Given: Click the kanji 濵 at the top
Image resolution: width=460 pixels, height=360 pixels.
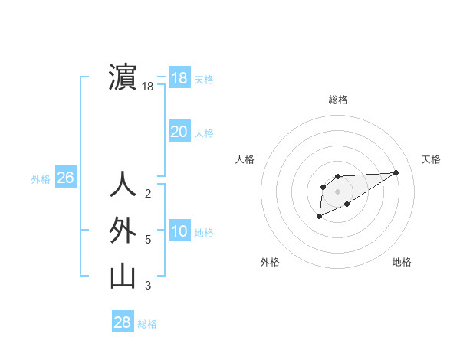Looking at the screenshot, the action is (x=123, y=77).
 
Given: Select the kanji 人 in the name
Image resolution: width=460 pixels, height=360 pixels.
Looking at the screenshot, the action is (x=123, y=185).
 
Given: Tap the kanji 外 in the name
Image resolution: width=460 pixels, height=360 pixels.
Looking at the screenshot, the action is (x=123, y=231).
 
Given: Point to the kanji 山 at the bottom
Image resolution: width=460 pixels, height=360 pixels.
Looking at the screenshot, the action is (x=123, y=277).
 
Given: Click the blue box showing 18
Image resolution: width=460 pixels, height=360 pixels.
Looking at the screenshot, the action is (x=179, y=78).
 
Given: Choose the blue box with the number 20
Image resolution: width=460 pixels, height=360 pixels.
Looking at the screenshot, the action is (x=179, y=132).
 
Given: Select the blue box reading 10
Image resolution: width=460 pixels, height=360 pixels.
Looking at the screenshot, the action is (x=179, y=231).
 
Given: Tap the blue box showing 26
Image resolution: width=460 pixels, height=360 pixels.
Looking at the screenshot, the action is (x=65, y=178).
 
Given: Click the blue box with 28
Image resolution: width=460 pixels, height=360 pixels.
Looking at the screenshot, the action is (x=123, y=322).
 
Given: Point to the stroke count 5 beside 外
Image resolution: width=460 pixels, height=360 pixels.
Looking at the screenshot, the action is (x=148, y=240).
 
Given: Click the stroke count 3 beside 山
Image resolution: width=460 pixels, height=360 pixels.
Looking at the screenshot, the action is (x=148, y=286).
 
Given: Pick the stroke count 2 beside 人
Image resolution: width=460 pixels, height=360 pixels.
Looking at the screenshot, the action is (x=148, y=194).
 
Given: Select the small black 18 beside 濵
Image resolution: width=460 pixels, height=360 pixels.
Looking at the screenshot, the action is (x=148, y=87).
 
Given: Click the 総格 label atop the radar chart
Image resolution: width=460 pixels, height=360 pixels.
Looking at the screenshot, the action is (x=338, y=100).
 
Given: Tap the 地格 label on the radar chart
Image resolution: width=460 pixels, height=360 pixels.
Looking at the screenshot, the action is (x=402, y=262).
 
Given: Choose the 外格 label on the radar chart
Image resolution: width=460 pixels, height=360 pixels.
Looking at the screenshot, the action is (x=270, y=262).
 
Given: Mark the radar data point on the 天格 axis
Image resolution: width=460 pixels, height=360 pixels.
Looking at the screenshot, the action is (x=396, y=172).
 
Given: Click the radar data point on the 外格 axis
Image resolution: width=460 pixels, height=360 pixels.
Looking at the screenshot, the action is (x=320, y=217).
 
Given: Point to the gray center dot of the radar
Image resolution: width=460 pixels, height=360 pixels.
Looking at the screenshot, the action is (x=338, y=191).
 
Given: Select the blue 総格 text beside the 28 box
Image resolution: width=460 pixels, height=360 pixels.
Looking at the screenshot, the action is (x=147, y=324).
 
